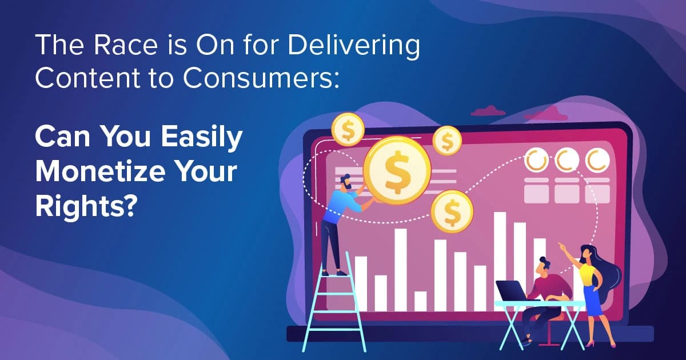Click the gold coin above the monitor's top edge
[348, 129]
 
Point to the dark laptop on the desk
[512, 290]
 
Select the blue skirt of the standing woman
[592, 303]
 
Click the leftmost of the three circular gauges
[536, 162]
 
